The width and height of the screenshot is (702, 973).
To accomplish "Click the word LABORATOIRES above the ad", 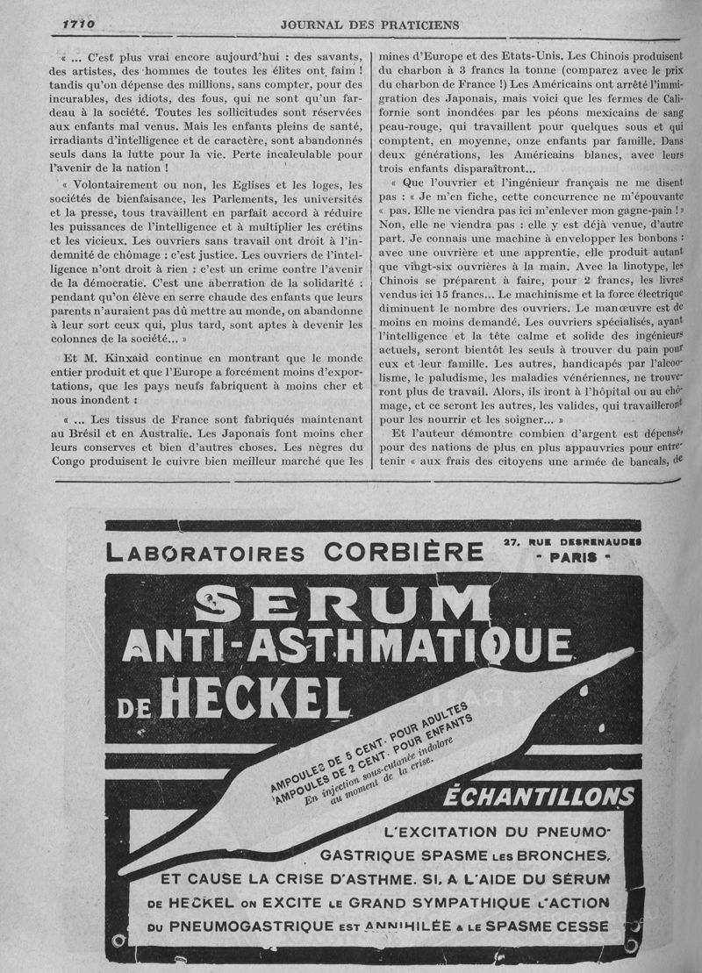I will point(207,554).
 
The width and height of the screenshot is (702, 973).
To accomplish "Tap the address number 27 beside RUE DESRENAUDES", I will point(513,541).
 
